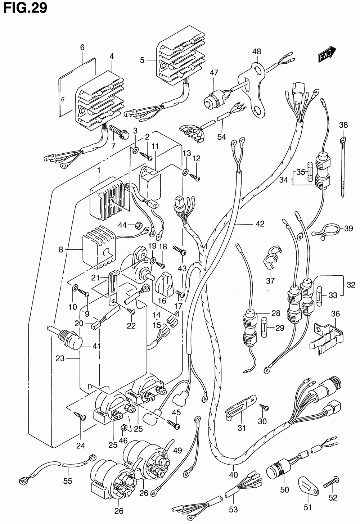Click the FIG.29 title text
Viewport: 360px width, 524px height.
[24, 8]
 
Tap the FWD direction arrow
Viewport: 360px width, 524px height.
[327, 54]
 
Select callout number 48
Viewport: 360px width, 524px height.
[256, 51]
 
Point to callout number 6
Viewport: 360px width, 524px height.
[82, 47]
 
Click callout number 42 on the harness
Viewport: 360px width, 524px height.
[260, 224]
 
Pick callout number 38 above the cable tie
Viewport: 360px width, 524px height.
[343, 125]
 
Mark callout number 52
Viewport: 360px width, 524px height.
[333, 498]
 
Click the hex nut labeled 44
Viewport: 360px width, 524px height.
[137, 226]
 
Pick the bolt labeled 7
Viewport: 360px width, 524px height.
[118, 132]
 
